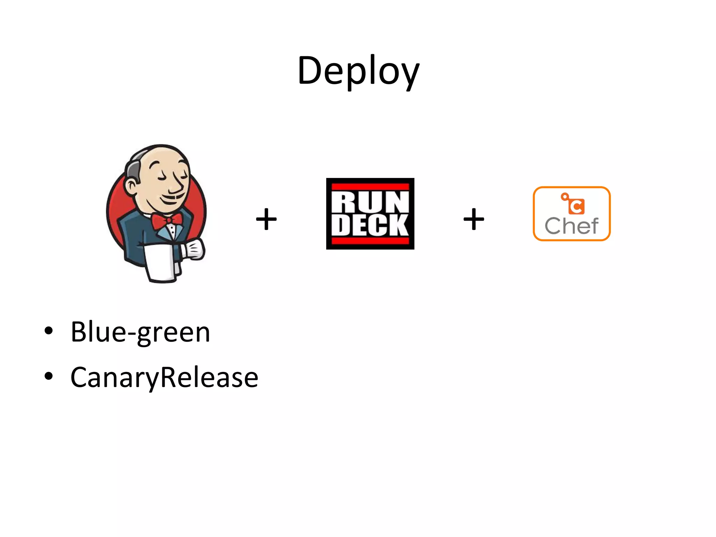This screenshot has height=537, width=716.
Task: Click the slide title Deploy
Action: pyautogui.click(x=358, y=71)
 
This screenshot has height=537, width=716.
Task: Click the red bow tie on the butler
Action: pyautogui.click(x=167, y=221)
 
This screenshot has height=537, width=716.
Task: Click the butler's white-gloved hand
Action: pyautogui.click(x=194, y=249)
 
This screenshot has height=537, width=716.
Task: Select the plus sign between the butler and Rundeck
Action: pyautogui.click(x=266, y=219)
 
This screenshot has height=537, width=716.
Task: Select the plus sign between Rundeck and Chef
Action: pyautogui.click(x=473, y=219)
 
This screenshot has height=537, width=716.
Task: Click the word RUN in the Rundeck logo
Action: pyautogui.click(x=370, y=203)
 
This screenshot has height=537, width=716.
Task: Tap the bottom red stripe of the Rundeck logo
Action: pyautogui.click(x=370, y=241)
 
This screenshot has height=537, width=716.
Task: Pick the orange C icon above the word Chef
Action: pyautogui.click(x=575, y=206)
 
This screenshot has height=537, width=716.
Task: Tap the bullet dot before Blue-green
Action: pyautogui.click(x=49, y=331)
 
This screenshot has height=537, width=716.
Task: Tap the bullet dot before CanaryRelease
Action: pyautogui.click(x=49, y=376)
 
